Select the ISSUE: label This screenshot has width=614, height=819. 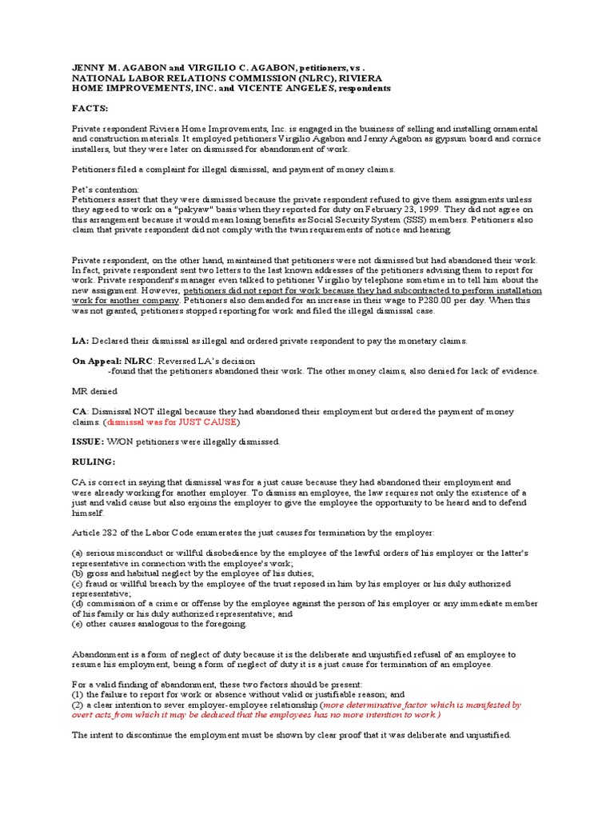88,441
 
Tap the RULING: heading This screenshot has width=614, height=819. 94,462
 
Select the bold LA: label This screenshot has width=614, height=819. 81,341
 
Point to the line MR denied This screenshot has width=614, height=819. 95,391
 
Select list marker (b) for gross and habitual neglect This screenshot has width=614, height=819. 78,573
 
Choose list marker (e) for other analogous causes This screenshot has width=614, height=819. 78,624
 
